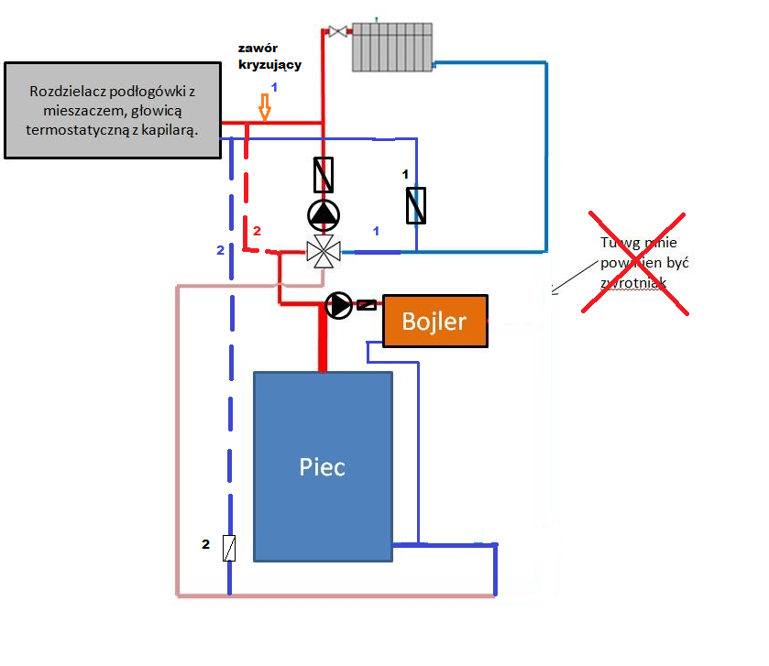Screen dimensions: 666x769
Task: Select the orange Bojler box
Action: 434,321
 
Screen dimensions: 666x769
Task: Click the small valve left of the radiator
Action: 337,32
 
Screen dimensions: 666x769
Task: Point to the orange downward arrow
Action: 266,109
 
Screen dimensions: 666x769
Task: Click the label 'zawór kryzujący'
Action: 269,56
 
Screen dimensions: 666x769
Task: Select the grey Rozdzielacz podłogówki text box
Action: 114,110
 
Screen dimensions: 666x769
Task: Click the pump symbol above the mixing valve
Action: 323,213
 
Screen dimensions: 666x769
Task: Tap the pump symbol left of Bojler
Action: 338,305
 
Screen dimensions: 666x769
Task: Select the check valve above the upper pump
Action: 323,174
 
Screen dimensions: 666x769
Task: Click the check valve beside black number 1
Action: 417,204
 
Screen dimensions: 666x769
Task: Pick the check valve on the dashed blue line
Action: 231,547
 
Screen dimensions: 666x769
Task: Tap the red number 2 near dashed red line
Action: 257,231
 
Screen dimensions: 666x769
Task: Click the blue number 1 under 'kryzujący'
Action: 272,87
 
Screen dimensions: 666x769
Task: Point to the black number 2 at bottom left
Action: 206,545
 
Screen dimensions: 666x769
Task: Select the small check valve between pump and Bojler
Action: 366,304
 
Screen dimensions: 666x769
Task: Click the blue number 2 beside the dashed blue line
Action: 219,250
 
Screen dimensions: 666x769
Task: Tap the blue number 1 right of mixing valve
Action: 375,231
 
